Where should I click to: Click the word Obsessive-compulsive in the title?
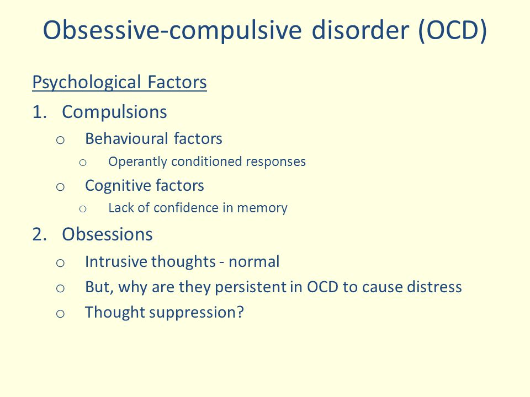[172, 31]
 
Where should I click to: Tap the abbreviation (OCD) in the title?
[452, 30]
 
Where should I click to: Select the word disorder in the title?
[361, 30]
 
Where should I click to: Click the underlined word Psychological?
[87, 82]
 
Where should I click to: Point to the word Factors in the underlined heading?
[177, 82]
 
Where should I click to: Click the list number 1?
[39, 112]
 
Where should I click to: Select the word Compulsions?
[114, 112]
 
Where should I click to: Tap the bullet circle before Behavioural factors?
[60, 140]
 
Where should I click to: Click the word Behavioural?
[126, 138]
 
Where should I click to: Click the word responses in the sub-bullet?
[276, 162]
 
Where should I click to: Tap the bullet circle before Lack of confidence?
[83, 209]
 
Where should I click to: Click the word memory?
[262, 208]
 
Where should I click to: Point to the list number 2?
[39, 234]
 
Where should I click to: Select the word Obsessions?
[107, 234]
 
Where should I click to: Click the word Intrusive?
[115, 261]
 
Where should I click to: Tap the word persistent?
[251, 287]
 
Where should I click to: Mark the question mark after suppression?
[240, 312]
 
